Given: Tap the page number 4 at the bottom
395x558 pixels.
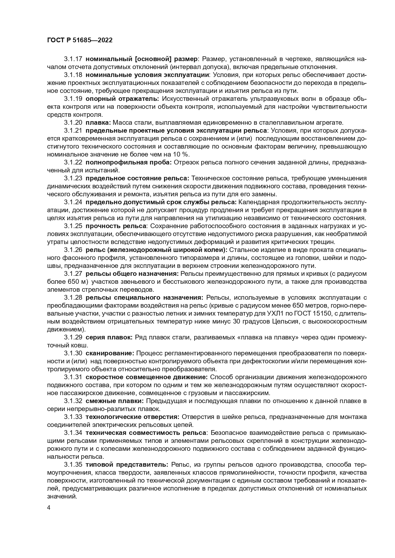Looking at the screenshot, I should pos(49,508).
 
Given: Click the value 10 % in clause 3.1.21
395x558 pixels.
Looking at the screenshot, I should pos(181,154).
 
